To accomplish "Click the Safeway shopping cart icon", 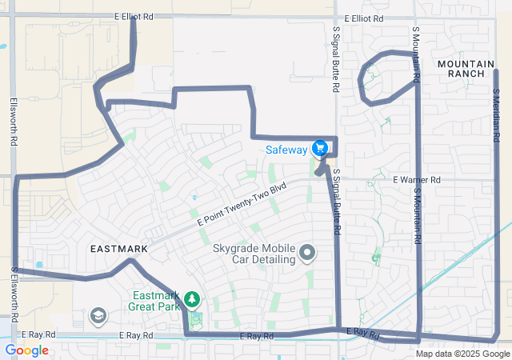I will click(x=320, y=149).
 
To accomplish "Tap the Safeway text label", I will click(x=286, y=150).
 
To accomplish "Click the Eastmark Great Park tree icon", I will click(x=191, y=300).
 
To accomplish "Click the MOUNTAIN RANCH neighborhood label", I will click(x=462, y=67).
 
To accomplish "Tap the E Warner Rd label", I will click(x=417, y=180).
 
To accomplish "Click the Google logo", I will click(x=26, y=350).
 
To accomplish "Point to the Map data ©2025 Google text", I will click(x=462, y=354).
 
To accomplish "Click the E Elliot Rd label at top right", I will click(x=364, y=18).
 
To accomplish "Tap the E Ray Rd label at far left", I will click(x=38, y=334).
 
